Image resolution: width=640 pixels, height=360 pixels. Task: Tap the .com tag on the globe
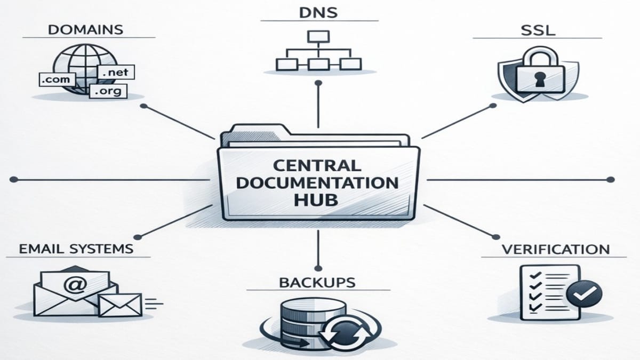click(x=55, y=79)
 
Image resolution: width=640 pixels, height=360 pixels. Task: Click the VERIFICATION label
click(x=556, y=249)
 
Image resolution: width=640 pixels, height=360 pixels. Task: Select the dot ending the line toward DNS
click(x=318, y=83)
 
